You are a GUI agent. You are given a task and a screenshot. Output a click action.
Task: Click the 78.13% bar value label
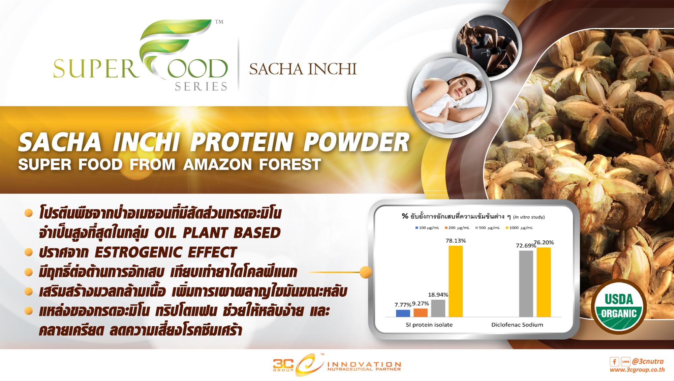[456, 241]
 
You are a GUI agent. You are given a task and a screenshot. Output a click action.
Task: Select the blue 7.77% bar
[403, 313]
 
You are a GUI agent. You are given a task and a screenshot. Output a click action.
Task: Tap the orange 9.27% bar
[420, 312]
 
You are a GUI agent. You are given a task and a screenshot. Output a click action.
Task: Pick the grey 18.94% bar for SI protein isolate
[438, 308]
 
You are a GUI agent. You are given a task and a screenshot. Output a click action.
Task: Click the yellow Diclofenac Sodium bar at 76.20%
[544, 282]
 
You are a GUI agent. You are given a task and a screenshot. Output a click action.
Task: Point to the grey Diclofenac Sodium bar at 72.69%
[526, 284]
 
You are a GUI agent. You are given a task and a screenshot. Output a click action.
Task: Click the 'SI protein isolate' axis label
[429, 325]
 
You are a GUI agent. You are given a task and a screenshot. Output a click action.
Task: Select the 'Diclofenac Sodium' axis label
[517, 325]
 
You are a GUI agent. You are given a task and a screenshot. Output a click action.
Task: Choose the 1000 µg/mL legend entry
[519, 228]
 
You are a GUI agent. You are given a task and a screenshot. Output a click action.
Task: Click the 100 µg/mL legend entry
[427, 228]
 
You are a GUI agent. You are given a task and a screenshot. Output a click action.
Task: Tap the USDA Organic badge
[619, 306]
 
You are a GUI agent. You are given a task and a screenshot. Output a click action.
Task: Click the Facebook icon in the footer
[614, 361]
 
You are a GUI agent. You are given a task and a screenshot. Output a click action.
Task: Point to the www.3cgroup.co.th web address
[637, 370]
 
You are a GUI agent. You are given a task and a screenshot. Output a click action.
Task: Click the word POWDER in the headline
[357, 142]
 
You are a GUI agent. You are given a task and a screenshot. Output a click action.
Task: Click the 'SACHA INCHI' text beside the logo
[303, 69]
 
